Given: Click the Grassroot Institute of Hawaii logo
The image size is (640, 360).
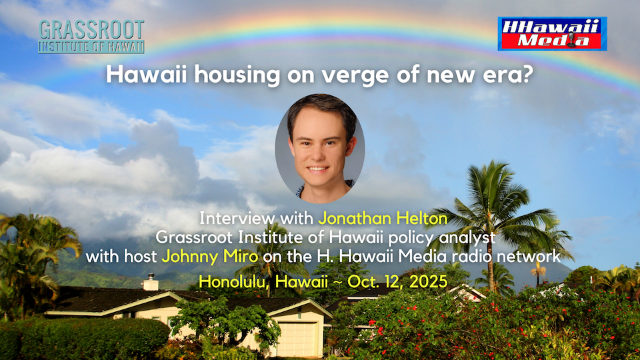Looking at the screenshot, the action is pos(91,36).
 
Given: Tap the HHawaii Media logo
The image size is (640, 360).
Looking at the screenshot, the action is pos(552,33).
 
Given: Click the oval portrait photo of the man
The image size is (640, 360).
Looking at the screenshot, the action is pos(320,149).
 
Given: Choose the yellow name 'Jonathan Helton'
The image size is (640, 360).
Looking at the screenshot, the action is pos(383,219).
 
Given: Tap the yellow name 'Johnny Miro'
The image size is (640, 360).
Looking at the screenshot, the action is pos(210,257).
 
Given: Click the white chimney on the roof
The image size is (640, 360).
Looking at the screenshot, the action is pos(151,283).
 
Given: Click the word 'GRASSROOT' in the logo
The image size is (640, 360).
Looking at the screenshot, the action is pos(91,30).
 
